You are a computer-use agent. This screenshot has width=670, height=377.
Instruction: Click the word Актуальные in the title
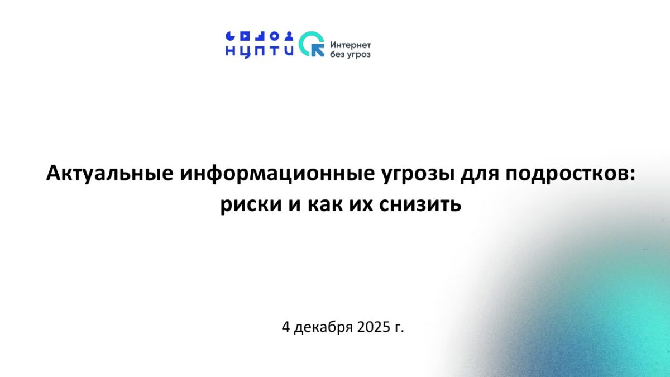click(x=110, y=174)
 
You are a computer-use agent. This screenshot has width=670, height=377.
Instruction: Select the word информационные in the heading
click(x=277, y=174)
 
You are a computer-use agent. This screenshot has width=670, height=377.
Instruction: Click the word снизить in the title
click(x=420, y=204)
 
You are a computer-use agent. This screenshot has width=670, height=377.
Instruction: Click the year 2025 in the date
click(x=374, y=327)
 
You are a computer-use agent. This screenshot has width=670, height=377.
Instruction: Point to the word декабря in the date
click(x=324, y=327)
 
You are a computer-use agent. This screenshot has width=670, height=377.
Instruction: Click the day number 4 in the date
click(x=286, y=327)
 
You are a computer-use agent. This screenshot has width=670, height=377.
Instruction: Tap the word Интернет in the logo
click(x=351, y=45)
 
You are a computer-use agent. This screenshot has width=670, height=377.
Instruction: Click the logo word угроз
click(x=358, y=55)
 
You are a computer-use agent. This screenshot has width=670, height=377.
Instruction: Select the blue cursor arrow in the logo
click(x=318, y=50)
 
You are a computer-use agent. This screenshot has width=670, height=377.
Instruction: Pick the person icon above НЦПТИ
click(x=289, y=36)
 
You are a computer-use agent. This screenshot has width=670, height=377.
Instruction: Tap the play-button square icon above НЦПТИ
click(x=245, y=36)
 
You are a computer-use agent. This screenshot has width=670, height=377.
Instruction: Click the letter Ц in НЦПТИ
click(x=245, y=52)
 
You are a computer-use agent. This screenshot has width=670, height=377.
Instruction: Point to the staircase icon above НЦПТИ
click(x=260, y=36)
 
